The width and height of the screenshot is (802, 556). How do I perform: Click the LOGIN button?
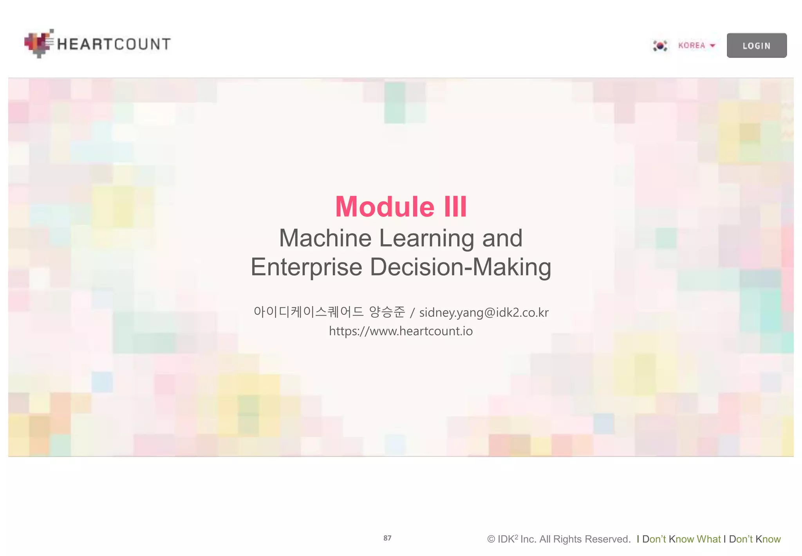(756, 45)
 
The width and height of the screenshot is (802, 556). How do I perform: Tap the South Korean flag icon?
(660, 45)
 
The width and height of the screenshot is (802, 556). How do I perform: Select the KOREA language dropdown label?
(692, 45)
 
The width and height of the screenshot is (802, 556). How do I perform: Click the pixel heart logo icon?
(38, 43)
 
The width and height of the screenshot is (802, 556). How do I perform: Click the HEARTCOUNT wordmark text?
(114, 44)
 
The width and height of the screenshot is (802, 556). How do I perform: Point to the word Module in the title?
(385, 207)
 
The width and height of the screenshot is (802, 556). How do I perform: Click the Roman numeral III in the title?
(455, 207)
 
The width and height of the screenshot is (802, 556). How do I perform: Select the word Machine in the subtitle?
(325, 238)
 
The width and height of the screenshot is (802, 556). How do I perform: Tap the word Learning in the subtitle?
(426, 238)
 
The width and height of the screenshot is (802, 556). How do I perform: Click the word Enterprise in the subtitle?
(306, 267)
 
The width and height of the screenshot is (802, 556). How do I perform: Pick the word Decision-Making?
(461, 267)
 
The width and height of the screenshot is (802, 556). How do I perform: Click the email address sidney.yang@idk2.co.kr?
(484, 313)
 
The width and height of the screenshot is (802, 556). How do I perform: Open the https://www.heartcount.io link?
(401, 331)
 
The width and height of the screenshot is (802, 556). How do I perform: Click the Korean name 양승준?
(387, 312)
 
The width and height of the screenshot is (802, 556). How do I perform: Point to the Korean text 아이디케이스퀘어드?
(309, 312)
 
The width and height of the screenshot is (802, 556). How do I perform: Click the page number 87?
(387, 538)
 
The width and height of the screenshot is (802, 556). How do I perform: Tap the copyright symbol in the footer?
(491, 539)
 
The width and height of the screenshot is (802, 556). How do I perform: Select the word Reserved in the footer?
(611, 539)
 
